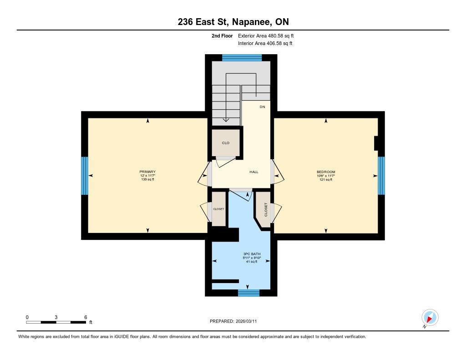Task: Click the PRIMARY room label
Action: [147, 172]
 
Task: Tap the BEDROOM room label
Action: [326, 172]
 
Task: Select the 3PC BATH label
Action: [252, 254]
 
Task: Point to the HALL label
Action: [254, 172]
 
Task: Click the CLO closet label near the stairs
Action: [226, 143]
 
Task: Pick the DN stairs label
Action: [262, 106]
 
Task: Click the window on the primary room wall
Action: [85, 176]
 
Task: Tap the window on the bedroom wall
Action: [381, 176]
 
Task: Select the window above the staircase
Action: [242, 58]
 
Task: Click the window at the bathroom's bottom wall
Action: [249, 293]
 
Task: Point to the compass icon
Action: [430, 318]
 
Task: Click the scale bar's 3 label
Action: [56, 317]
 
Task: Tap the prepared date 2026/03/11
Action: [246, 321]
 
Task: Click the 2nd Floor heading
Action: [222, 35]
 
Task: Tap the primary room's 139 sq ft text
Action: [147, 179]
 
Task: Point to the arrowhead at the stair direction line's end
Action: [226, 120]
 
